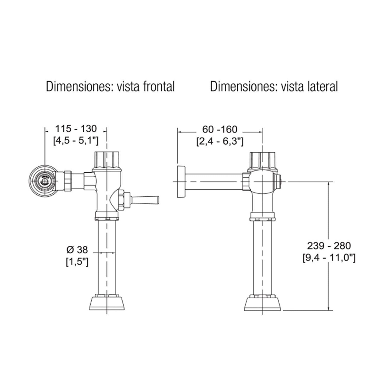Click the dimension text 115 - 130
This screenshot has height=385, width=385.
pyautogui.click(x=76, y=128)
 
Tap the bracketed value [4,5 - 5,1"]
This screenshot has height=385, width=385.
pyautogui.click(x=76, y=141)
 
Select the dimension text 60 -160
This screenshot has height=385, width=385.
pyautogui.click(x=220, y=129)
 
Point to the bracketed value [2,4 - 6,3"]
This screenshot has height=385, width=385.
pyautogui.click(x=220, y=141)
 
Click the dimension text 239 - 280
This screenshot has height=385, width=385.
pyautogui.click(x=329, y=246)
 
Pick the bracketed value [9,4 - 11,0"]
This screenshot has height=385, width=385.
pyautogui.click(x=329, y=257)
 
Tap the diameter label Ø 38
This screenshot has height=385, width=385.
pyautogui.click(x=77, y=249)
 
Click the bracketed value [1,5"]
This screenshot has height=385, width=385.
pyautogui.click(x=77, y=262)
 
